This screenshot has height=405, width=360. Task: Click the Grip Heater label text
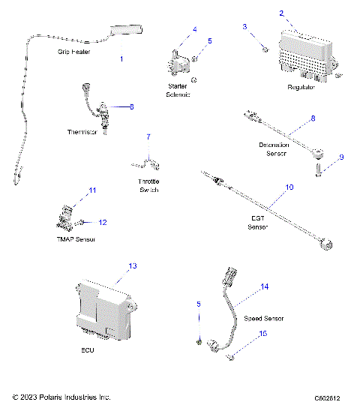pyautogui.click(x=75, y=52)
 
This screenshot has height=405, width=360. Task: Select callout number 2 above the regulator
pyautogui.click(x=281, y=13)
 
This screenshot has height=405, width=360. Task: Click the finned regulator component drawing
pyautogui.click(x=306, y=55)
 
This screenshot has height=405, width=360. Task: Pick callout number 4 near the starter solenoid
pyautogui.click(x=194, y=29)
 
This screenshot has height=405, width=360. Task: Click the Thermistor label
pyautogui.click(x=83, y=132)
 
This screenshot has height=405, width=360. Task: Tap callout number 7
pyautogui.click(x=148, y=137)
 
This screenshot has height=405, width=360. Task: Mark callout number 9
pyautogui.click(x=341, y=157)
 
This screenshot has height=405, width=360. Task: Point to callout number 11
pyautogui.click(x=93, y=191)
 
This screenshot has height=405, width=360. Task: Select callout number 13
pyautogui.click(x=133, y=266)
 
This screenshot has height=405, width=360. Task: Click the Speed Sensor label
pyautogui.click(x=258, y=319)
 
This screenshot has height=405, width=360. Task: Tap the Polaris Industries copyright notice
pyautogui.click(x=61, y=397)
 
